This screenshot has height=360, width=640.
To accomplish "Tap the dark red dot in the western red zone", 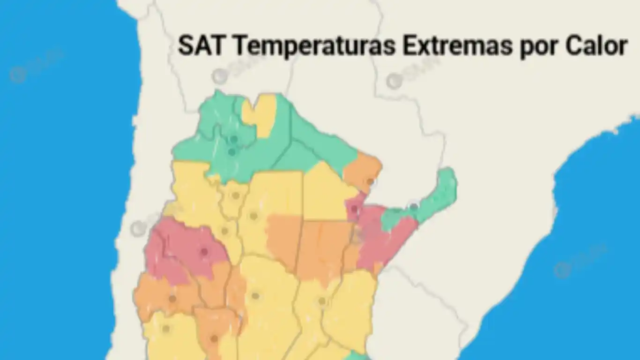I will coord(204,252).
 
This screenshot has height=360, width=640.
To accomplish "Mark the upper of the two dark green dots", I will coord(234,139).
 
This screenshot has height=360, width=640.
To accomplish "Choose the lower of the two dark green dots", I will coord(231,152).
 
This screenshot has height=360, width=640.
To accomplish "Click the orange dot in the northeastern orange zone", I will coord(370,181).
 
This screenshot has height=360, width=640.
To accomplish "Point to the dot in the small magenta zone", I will coord(354,209).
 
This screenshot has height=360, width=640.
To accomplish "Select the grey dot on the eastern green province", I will coord(414,206).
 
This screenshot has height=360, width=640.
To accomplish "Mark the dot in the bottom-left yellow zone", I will coord(165,329).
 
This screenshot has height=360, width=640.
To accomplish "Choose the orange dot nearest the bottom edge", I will coord(214,338).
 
